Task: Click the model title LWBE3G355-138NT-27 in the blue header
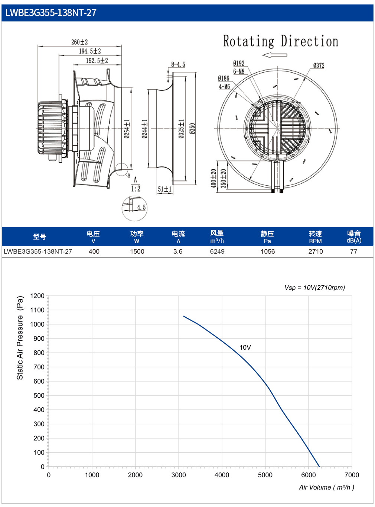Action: pos(50,13)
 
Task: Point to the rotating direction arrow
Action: pos(275,55)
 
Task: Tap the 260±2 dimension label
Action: pos(79,42)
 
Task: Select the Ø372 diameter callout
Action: pos(319,65)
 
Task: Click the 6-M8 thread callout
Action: pos(238,71)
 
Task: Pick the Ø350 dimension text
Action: pos(192,128)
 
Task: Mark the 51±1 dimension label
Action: pos(164,189)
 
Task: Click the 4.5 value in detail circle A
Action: pos(141,207)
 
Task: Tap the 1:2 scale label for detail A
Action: pos(136,189)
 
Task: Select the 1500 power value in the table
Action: pos(137,251)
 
